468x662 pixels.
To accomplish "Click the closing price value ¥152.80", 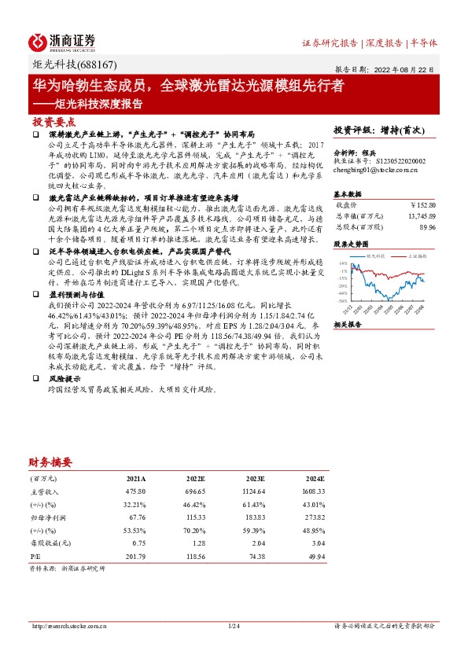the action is pyautogui.click(x=420, y=204).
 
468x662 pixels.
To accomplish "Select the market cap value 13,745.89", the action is pyautogui.click(x=417, y=215).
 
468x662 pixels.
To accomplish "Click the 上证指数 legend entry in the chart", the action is pyautogui.click(x=414, y=256).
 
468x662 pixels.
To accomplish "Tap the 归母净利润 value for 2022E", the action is pyautogui.click(x=193, y=518).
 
